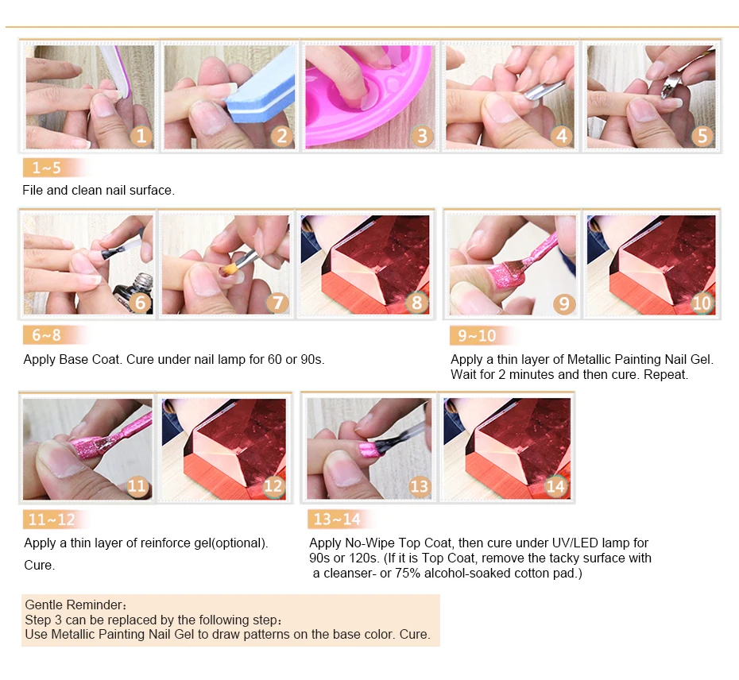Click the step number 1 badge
click(x=141, y=136)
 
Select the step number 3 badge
click(x=422, y=136)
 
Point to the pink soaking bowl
click(x=368, y=95)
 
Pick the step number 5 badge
click(x=702, y=136)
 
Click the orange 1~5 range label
click(x=55, y=168)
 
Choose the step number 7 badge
click(x=278, y=302)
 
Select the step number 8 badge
click(x=416, y=302)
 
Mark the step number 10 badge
click(x=702, y=302)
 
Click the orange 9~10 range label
click(x=482, y=335)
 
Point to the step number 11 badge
click(x=137, y=485)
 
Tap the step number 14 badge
click(x=555, y=486)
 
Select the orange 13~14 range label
click(x=340, y=519)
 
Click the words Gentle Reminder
click(x=73, y=605)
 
